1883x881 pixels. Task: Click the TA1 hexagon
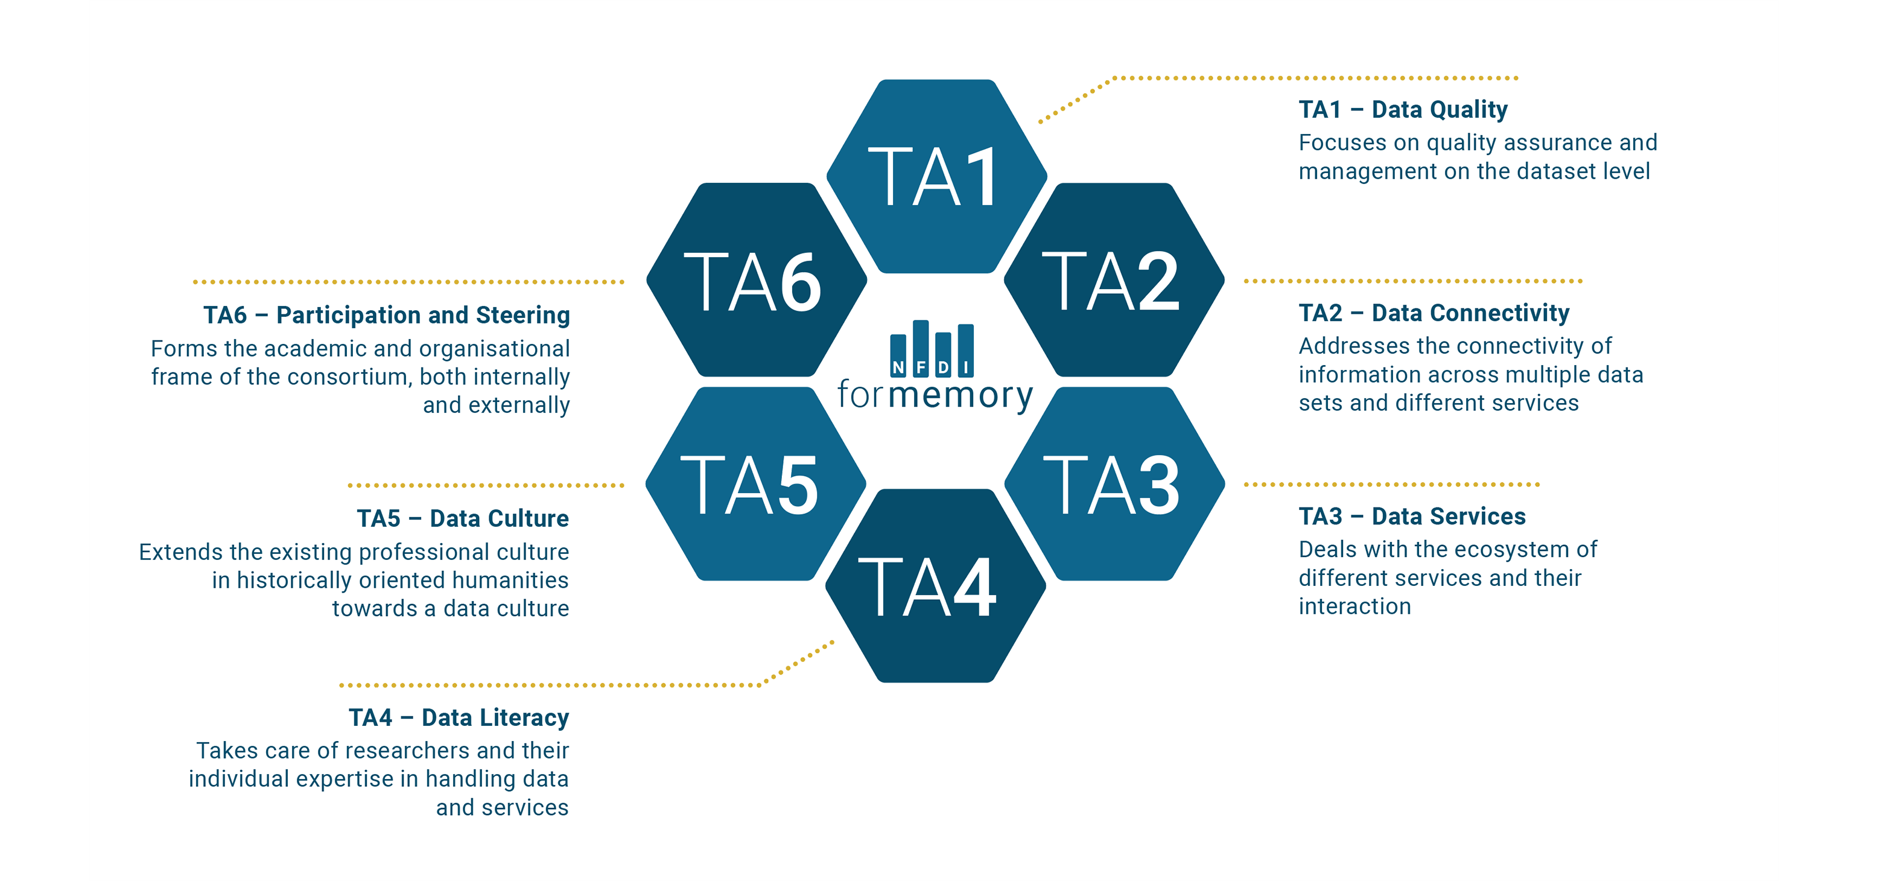(936, 176)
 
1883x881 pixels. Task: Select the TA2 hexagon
(1114, 280)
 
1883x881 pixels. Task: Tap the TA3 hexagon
(1114, 484)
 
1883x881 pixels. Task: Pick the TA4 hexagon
(936, 586)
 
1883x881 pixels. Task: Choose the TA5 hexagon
(756, 484)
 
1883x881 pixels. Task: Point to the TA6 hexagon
(757, 280)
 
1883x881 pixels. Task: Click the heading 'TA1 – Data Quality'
(1403, 110)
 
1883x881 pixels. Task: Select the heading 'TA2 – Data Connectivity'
(1434, 313)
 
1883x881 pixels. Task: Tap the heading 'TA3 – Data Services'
(1412, 516)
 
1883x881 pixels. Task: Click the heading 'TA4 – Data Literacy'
(459, 717)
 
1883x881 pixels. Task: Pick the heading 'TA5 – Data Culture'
(463, 518)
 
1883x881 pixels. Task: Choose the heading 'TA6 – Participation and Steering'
(386, 315)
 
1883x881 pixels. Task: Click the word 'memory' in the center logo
(961, 395)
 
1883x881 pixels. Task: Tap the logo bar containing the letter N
(898, 356)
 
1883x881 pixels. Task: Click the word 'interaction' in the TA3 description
(1354, 606)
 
